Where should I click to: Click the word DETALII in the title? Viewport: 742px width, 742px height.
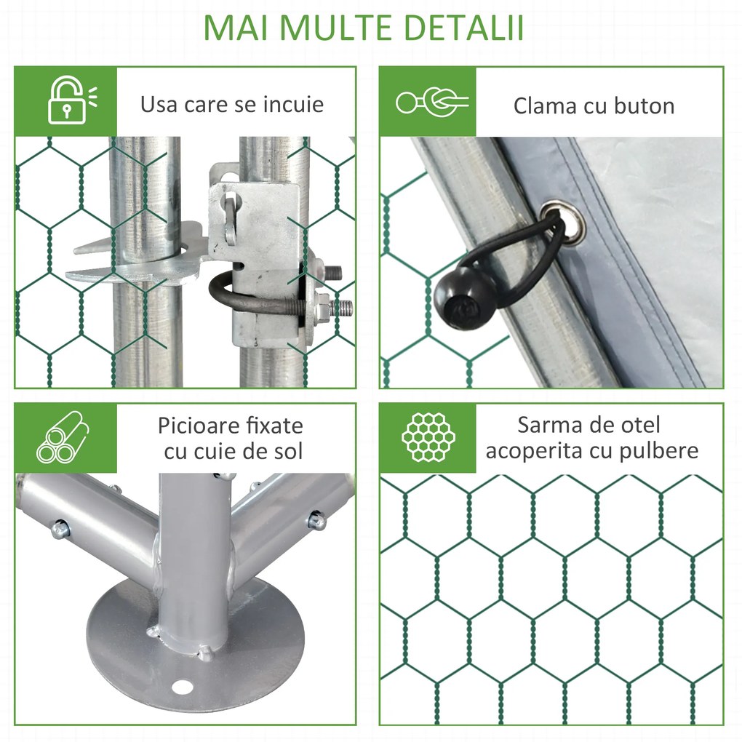463,26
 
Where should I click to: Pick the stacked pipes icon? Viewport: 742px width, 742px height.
64,438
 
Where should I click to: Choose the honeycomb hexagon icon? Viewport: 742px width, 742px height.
428,438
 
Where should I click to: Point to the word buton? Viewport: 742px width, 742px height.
638,106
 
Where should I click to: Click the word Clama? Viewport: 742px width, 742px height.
545,106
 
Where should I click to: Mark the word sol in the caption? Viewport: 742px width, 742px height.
287,451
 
